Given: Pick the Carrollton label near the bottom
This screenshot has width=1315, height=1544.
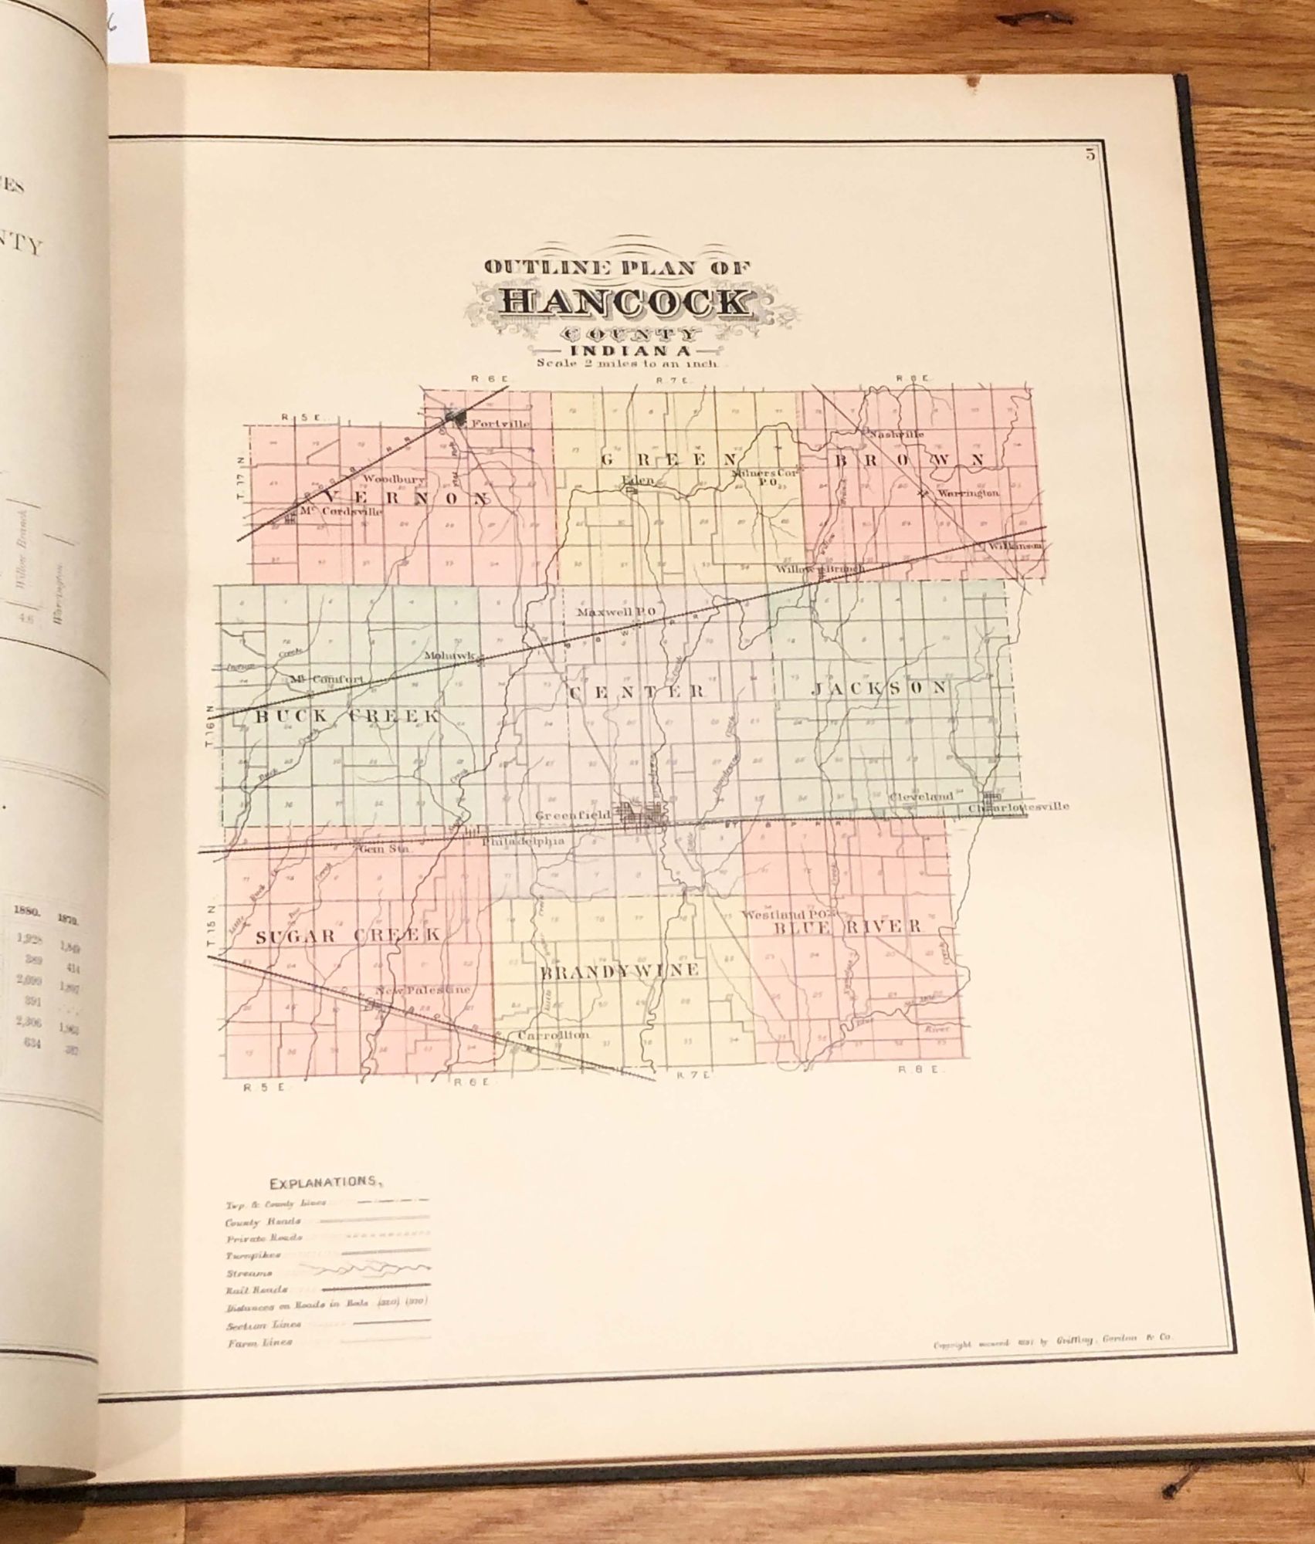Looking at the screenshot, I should coord(554,1034).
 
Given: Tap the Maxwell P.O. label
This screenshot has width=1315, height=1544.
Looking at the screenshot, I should coord(616,612).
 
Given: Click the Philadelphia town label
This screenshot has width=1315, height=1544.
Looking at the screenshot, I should coord(524,841).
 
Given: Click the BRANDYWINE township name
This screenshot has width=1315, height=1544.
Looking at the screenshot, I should coord(620,970).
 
